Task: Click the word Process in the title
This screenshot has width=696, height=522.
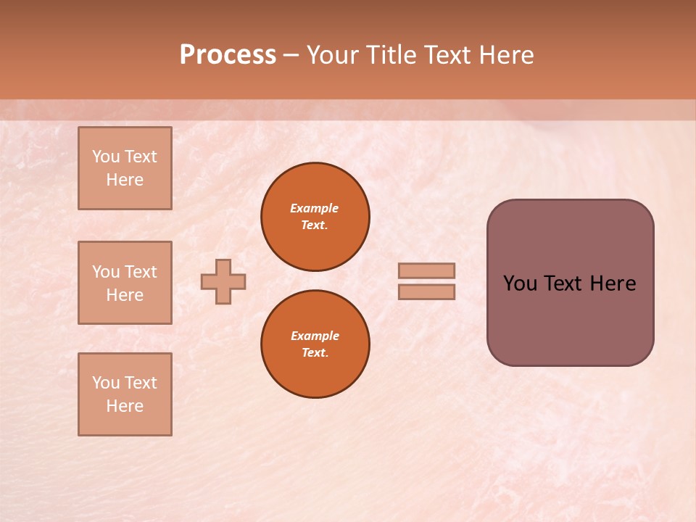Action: [228, 55]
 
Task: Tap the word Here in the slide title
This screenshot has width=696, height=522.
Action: [505, 55]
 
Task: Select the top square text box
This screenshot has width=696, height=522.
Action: [125, 168]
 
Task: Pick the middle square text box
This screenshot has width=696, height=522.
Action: [125, 283]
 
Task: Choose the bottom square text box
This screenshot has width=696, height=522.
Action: [125, 394]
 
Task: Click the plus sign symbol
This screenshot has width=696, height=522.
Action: [223, 281]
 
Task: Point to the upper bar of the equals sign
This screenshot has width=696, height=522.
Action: [426, 270]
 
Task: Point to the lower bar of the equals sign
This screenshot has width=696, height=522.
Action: [426, 291]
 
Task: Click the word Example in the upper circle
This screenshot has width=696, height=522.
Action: [315, 208]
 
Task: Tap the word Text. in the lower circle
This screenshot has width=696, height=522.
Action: [315, 353]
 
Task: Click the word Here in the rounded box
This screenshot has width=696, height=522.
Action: [613, 283]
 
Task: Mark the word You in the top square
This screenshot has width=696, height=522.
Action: [106, 157]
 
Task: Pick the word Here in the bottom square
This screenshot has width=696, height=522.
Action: [125, 406]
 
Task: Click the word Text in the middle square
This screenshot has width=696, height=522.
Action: [141, 272]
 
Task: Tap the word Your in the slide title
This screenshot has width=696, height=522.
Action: [334, 55]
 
